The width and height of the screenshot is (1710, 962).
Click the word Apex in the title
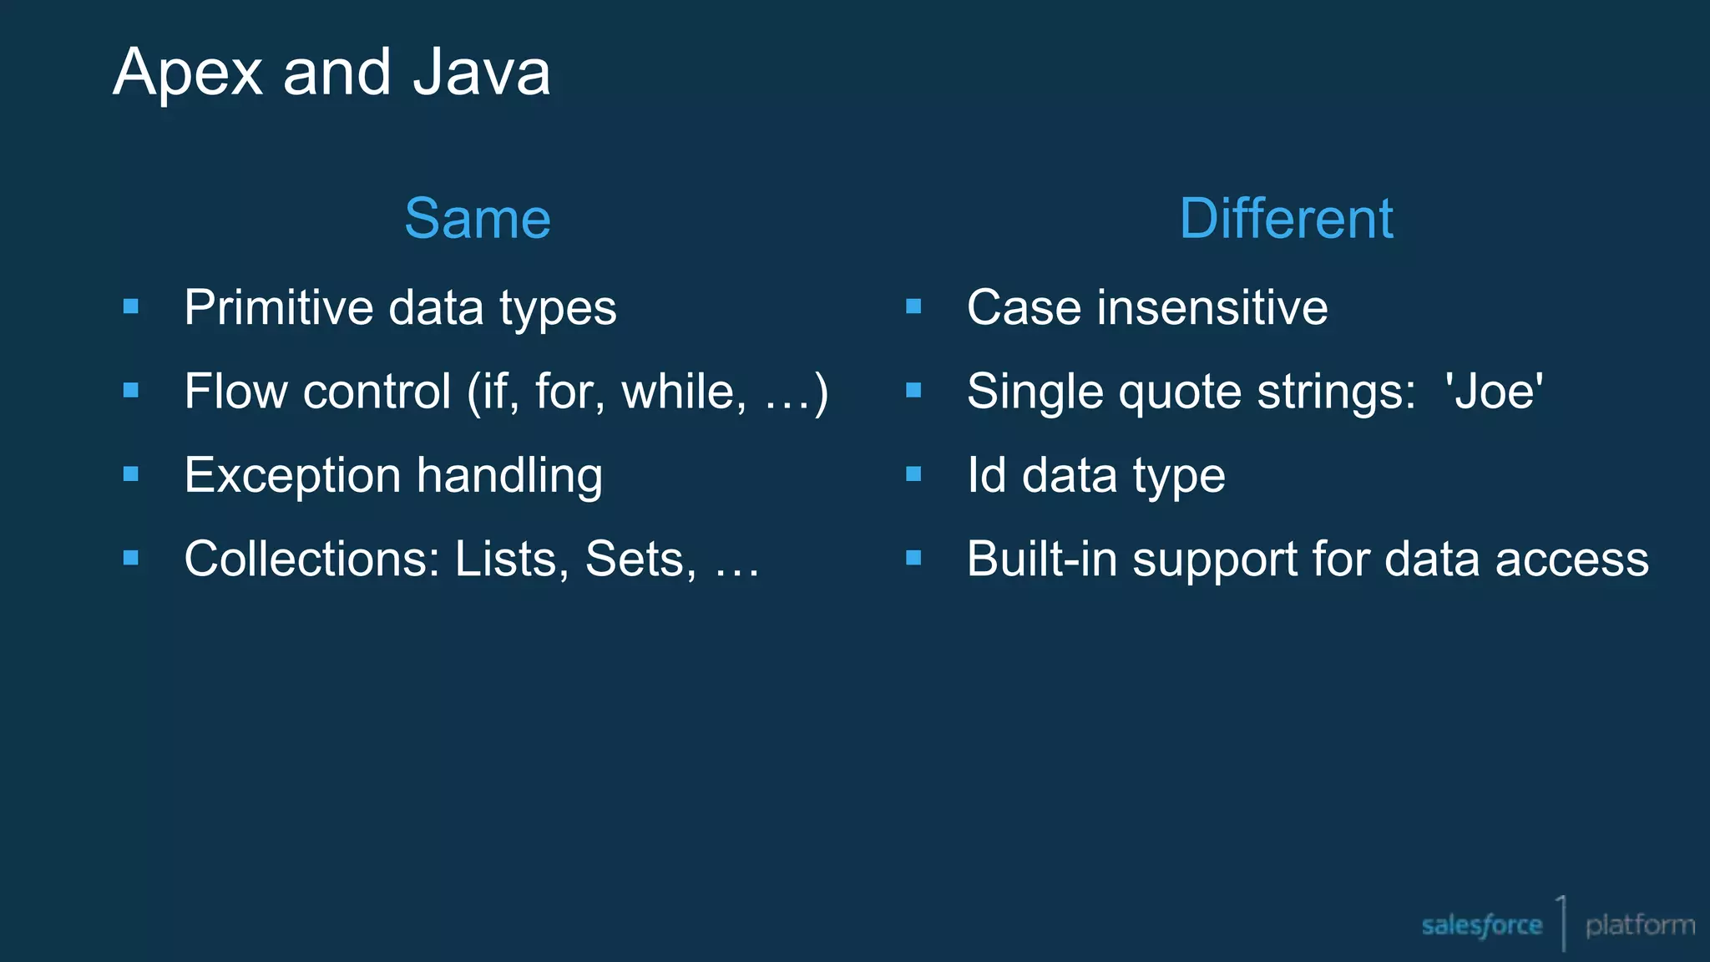tap(189, 73)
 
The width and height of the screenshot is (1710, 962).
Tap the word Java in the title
tap(482, 73)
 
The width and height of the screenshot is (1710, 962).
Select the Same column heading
tap(478, 219)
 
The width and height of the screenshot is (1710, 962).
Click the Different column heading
tap(1286, 219)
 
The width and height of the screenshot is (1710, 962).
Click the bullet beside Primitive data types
tap(131, 306)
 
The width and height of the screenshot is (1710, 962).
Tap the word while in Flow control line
tap(684, 392)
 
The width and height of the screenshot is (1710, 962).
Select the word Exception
tap(292, 476)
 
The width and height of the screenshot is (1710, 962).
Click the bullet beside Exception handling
tap(131, 474)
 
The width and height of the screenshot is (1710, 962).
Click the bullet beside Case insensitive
tap(913, 306)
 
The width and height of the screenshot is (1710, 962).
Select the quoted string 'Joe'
tap(1494, 392)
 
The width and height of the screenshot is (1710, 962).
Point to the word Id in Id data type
tap(986, 475)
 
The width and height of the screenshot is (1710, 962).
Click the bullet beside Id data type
tap(913, 474)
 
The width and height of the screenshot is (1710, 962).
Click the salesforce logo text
tap(1481, 925)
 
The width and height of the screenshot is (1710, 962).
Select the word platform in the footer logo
tap(1640, 925)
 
